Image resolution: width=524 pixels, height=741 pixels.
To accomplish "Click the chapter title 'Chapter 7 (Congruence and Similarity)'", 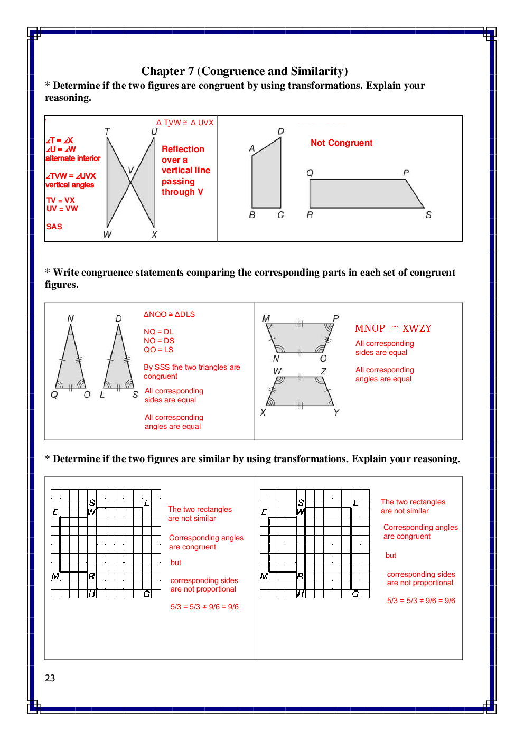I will pyautogui.click(x=244, y=71).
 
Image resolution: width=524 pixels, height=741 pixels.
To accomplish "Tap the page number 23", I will pyautogui.click(x=50, y=678).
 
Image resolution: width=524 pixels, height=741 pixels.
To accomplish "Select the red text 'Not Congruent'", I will pyautogui.click(x=341, y=143).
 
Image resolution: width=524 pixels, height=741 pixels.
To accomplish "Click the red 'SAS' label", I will pyautogui.click(x=54, y=227).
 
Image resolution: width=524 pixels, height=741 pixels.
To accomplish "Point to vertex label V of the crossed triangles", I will pyautogui.click(x=130, y=170).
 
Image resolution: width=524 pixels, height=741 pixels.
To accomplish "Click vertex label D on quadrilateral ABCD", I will pyautogui.click(x=281, y=131).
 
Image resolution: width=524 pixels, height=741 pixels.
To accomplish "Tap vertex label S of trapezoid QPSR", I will pyautogui.click(x=428, y=215).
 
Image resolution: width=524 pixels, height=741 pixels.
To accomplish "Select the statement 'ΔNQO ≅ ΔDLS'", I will pyautogui.click(x=169, y=314).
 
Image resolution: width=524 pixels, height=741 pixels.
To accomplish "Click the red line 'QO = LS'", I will pyautogui.click(x=158, y=350).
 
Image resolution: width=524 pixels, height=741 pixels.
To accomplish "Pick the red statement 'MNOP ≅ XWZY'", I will pyautogui.click(x=393, y=329).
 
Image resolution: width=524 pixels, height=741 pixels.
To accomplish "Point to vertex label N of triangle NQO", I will pyautogui.click(x=71, y=318).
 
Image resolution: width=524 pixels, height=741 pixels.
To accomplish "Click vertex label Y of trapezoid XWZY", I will pyautogui.click(x=336, y=412).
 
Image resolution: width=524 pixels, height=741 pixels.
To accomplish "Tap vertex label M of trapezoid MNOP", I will pyautogui.click(x=266, y=318).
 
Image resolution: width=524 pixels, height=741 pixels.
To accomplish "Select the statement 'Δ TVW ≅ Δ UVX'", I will pyautogui.click(x=185, y=123).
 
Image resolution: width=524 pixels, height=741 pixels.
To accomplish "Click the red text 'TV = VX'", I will pyautogui.click(x=61, y=200).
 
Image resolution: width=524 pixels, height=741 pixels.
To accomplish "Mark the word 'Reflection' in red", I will pyautogui.click(x=183, y=149).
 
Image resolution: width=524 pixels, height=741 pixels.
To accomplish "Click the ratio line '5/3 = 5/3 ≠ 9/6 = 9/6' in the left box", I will pyautogui.click(x=204, y=607).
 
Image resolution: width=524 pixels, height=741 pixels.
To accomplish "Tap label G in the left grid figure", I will pyautogui.click(x=147, y=594).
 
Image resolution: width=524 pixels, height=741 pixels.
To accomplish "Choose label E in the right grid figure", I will pyautogui.click(x=264, y=512).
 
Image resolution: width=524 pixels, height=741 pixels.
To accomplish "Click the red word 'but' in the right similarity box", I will pyautogui.click(x=391, y=555).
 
